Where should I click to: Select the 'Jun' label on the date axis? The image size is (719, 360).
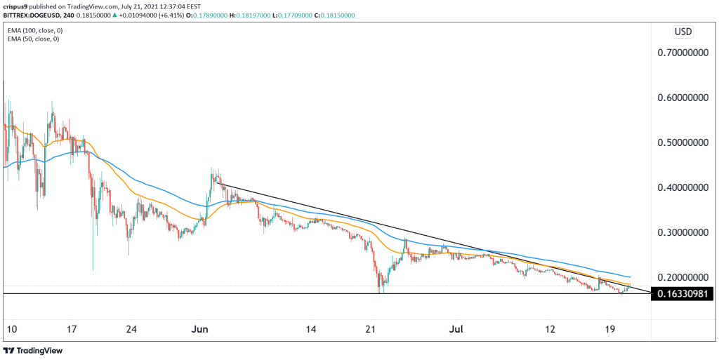click(201, 328)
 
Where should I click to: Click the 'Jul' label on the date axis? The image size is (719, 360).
click(456, 328)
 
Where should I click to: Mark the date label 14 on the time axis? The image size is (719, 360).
click(312, 328)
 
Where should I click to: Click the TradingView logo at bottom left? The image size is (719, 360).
click(34, 349)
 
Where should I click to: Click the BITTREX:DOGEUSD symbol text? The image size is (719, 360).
click(32, 15)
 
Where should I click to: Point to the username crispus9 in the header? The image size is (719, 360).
click(17, 6)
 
